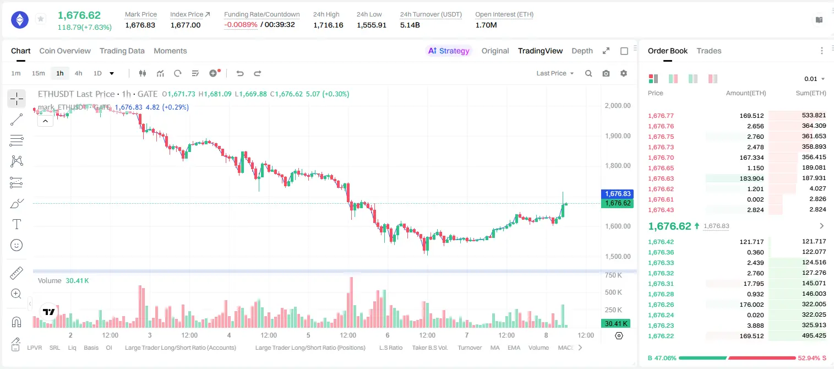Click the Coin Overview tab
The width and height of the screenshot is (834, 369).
click(65, 51)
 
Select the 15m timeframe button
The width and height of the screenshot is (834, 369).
click(38, 73)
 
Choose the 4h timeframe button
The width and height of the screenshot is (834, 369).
click(78, 73)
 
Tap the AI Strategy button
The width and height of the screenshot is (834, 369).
click(449, 51)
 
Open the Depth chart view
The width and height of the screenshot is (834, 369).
click(582, 51)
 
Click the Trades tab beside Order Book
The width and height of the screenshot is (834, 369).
click(709, 51)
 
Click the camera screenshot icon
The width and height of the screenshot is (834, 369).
click(606, 73)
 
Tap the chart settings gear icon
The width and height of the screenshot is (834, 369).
click(624, 73)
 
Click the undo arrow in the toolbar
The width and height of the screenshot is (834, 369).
click(240, 73)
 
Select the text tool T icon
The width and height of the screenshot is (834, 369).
click(17, 224)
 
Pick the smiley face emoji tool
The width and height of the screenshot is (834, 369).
click(17, 245)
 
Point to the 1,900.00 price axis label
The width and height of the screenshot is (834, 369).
click(618, 136)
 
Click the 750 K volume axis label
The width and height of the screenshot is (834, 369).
click(613, 275)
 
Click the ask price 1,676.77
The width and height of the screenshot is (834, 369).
click(661, 116)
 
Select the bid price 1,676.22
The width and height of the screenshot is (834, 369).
click(661, 336)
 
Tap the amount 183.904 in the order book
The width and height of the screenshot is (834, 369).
click(751, 178)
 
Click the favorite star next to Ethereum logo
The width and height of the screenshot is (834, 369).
click(41, 19)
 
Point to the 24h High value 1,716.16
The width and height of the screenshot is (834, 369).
click(328, 25)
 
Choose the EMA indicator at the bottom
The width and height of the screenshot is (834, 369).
click(514, 348)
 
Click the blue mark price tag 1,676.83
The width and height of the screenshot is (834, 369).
click(617, 194)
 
